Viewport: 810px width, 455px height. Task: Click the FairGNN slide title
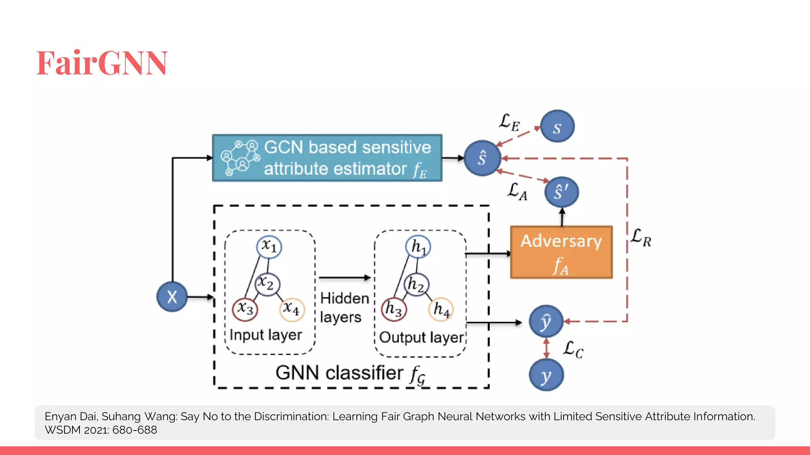[x=102, y=63]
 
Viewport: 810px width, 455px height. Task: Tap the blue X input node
[x=172, y=297]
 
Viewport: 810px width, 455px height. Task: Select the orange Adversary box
[x=561, y=252]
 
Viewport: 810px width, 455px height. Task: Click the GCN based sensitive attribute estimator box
[x=327, y=158]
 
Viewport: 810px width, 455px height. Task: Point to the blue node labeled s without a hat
[x=557, y=126]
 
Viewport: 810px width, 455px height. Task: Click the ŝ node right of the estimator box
[x=482, y=158]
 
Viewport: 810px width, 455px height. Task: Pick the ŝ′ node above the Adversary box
[x=561, y=192]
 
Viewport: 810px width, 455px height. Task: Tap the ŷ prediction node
[x=546, y=321]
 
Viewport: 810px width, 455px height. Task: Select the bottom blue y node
[x=546, y=375]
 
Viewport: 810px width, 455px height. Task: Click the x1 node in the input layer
[x=269, y=246]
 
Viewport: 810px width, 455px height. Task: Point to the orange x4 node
[x=292, y=309]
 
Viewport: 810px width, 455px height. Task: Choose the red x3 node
[x=245, y=309]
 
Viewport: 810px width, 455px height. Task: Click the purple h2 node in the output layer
[x=416, y=284]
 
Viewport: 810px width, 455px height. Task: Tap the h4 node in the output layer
[x=441, y=309]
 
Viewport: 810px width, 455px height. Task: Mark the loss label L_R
[x=640, y=237]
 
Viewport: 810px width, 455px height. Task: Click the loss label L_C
[x=573, y=349]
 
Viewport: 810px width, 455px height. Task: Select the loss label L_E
[x=509, y=122]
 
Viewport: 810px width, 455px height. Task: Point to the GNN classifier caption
[x=350, y=373]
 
